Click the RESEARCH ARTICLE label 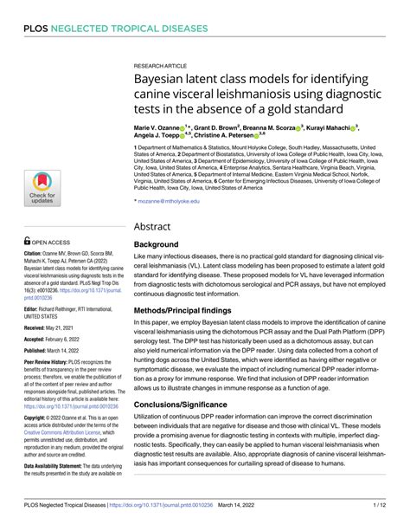click(160, 67)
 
